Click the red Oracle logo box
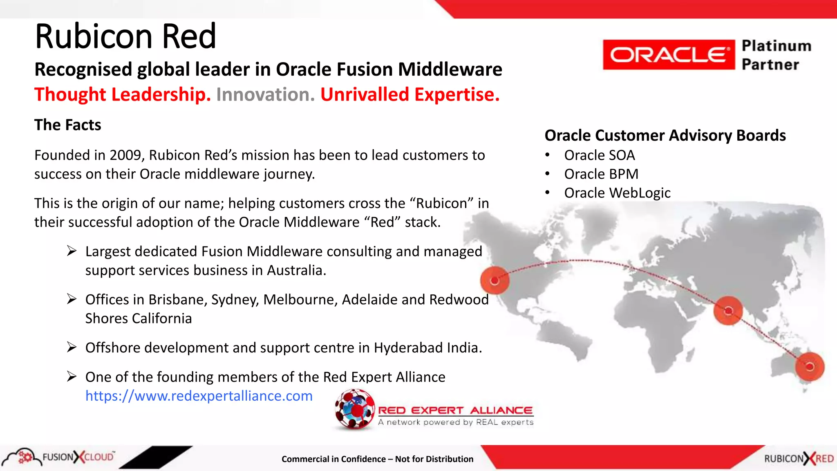[668, 55]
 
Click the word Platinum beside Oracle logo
[776, 46]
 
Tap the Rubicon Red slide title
[125, 37]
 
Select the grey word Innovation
[265, 94]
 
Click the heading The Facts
[68, 125]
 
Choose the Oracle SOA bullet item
[599, 155]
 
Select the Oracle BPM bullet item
[601, 174]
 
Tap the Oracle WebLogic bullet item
[617, 193]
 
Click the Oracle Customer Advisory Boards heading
[665, 135]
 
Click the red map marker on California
[495, 280]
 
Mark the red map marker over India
[728, 311]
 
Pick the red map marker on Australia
[809, 366]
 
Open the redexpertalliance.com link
[199, 396]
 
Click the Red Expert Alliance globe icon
[354, 409]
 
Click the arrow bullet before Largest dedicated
[72, 251]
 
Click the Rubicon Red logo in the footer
[799, 459]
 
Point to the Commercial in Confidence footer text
[377, 459]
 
